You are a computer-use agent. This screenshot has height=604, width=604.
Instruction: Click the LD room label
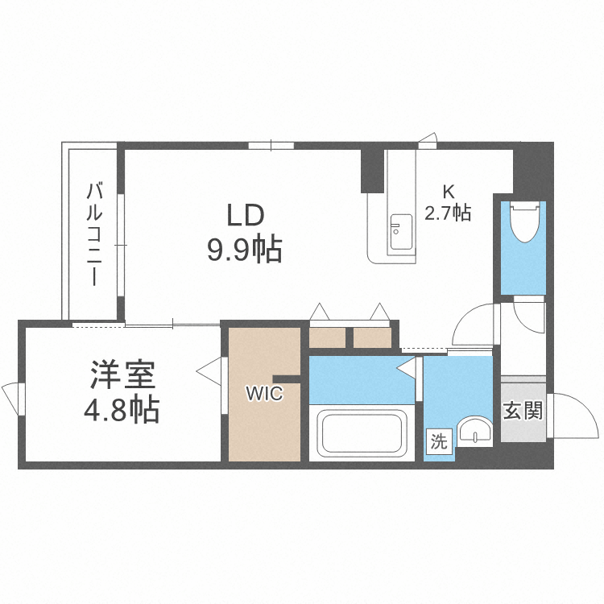[x=246, y=215]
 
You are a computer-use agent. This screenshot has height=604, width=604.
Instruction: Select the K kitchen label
[x=448, y=192]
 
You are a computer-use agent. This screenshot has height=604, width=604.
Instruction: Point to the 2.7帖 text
[x=448, y=213]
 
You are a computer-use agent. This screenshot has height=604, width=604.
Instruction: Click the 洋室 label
[x=122, y=376]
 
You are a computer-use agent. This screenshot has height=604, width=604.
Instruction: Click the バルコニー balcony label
[x=95, y=234]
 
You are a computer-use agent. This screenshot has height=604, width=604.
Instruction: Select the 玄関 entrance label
[x=523, y=411]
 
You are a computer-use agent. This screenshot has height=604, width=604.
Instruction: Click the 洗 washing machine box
[x=438, y=442]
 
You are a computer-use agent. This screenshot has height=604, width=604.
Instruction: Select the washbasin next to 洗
[x=477, y=432]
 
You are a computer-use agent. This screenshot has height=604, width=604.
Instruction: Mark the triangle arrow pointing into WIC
[x=209, y=371]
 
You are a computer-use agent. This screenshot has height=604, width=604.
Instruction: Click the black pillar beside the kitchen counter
[x=372, y=169]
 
